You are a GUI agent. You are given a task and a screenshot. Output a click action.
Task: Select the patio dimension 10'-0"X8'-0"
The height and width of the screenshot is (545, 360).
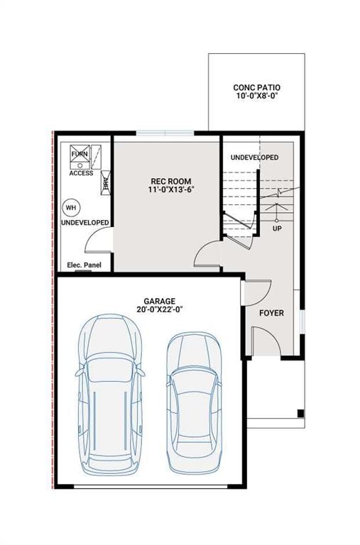pos(256,97)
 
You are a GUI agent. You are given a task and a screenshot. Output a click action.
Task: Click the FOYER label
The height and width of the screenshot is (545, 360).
pos(271,312)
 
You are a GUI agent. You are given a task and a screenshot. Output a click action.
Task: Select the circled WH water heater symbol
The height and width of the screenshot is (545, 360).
pos(70,208)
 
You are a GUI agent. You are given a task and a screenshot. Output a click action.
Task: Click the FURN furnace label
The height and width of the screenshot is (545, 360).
pos(78,154)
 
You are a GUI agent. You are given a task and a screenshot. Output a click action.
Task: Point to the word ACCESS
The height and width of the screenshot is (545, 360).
pos(81,173)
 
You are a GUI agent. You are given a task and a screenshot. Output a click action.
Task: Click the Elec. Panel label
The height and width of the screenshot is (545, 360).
pos(84,265)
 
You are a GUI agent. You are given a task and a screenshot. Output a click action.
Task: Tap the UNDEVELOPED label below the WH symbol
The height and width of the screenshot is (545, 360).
pos(84,223)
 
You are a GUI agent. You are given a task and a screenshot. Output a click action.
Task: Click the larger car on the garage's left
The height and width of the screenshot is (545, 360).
pos(110,394)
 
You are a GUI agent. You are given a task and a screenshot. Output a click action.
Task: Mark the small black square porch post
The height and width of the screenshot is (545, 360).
pos(300,414)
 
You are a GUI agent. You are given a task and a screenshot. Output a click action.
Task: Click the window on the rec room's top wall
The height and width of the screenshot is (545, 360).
pos(165,133)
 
